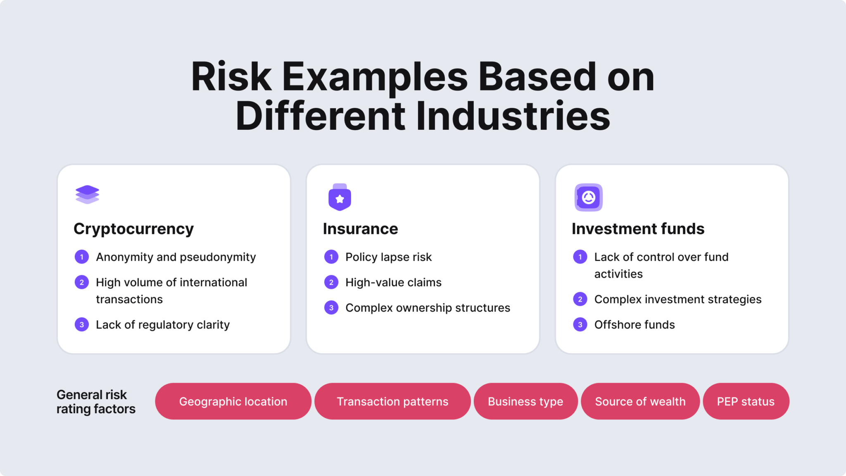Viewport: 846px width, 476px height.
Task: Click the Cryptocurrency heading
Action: (x=133, y=229)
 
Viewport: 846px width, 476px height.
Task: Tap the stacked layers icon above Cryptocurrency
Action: (x=87, y=195)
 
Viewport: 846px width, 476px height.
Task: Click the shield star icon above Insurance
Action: (x=340, y=198)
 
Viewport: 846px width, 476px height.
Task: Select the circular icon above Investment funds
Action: (x=588, y=198)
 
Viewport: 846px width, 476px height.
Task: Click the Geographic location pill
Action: (x=233, y=401)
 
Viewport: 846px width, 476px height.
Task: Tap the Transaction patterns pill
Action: (x=392, y=401)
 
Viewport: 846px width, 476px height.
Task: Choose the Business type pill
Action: (x=525, y=401)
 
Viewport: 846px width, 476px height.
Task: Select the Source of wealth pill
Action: (x=640, y=401)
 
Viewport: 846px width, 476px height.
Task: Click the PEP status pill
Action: (x=746, y=401)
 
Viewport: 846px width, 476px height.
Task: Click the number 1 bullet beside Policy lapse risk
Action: (x=331, y=257)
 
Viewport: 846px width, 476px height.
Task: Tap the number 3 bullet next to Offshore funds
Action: (x=580, y=325)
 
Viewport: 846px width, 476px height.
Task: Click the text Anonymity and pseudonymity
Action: (x=176, y=257)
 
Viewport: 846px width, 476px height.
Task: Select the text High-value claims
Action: (x=393, y=283)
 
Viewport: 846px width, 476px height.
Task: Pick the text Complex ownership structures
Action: (x=428, y=308)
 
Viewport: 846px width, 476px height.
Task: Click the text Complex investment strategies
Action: (x=677, y=299)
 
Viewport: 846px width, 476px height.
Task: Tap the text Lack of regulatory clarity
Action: (x=162, y=325)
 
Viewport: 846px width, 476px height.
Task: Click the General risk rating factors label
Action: (x=96, y=402)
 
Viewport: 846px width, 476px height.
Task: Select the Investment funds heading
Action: (x=638, y=229)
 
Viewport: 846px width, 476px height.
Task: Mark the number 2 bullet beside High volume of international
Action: (x=82, y=283)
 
